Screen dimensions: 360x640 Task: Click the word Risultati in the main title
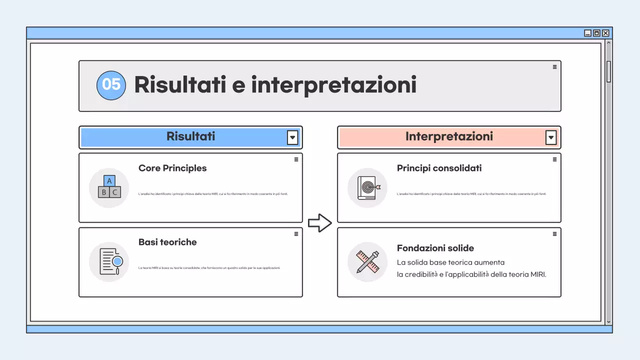click(179, 85)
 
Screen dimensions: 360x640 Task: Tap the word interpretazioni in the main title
click(333, 85)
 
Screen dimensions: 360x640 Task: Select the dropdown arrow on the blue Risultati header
click(292, 137)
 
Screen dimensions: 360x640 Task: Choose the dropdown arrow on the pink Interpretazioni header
click(551, 137)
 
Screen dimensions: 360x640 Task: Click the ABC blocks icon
click(109, 187)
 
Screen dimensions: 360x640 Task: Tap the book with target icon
click(367, 187)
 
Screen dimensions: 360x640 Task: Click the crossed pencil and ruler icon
click(367, 261)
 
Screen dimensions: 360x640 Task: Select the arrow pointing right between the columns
click(319, 223)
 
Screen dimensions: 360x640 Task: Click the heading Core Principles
click(172, 168)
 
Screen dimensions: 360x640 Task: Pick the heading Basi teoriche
click(167, 242)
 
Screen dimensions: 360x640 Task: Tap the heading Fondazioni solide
click(435, 248)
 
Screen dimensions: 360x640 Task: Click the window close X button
click(605, 33)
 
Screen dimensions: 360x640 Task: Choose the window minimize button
click(587, 33)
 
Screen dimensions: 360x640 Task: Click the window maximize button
click(596, 33)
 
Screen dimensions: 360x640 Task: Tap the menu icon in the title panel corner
click(554, 66)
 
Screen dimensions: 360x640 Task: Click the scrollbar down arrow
click(608, 322)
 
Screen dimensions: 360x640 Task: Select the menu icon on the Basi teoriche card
click(296, 233)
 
